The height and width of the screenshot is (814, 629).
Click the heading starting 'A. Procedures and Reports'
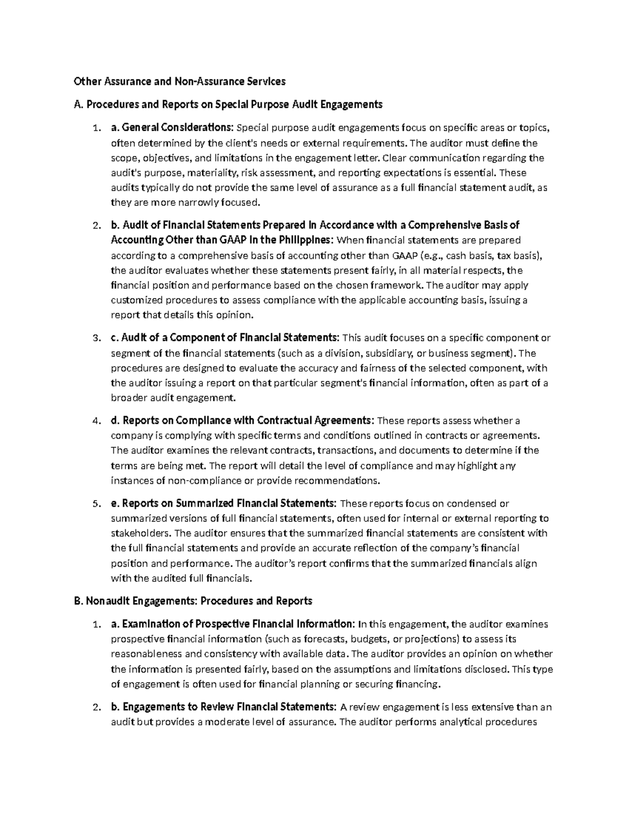(x=229, y=104)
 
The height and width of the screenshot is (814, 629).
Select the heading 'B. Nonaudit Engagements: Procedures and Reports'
(x=193, y=601)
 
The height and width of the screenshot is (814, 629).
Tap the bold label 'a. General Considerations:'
(x=173, y=127)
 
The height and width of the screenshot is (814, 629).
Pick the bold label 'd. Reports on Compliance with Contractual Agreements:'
(x=243, y=420)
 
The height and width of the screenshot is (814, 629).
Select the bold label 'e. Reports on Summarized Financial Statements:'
(x=224, y=503)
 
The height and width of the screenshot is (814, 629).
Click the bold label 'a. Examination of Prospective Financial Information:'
(x=233, y=624)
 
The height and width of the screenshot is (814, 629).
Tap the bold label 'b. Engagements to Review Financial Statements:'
(x=224, y=707)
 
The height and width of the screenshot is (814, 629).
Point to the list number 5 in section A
(x=95, y=504)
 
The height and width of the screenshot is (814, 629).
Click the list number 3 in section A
(x=95, y=338)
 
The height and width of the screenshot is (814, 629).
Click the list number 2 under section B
(x=95, y=707)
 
